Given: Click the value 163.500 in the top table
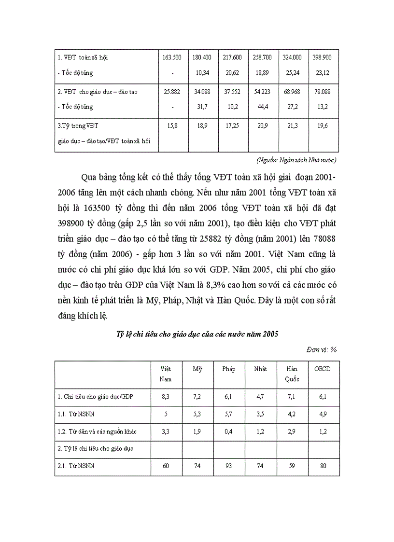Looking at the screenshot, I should (172, 57).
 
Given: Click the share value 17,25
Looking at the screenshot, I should (233, 126).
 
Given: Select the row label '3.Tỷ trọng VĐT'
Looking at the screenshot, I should (78, 126).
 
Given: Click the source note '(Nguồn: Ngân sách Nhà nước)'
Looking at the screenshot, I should (296, 160).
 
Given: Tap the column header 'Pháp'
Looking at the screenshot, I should (229, 369).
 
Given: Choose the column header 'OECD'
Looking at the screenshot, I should (323, 369).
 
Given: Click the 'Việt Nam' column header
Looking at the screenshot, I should (166, 374).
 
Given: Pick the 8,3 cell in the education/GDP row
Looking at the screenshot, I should (166, 397).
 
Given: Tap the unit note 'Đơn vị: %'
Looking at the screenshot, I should (321, 349).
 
